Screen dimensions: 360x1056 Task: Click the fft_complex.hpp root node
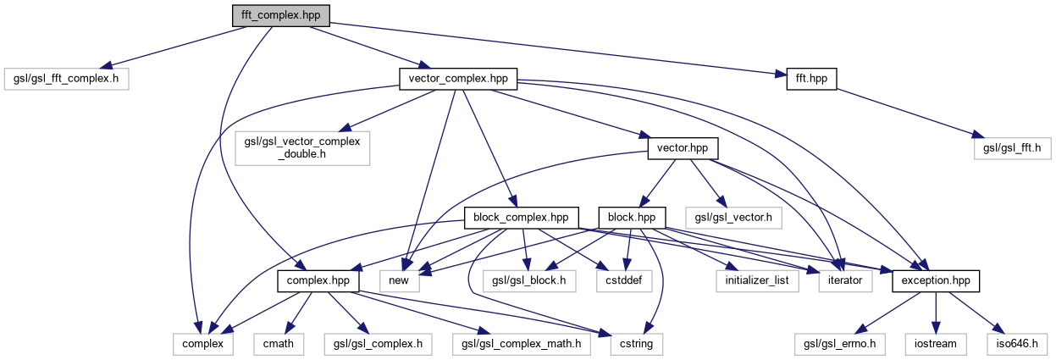(x=280, y=15)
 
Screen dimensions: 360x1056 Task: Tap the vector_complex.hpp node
(x=457, y=78)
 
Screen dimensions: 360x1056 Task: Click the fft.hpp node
(x=811, y=78)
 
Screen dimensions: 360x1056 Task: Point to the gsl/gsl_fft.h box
(x=1012, y=148)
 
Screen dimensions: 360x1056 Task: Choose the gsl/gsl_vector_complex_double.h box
(x=302, y=148)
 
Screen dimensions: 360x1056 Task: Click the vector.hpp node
(x=683, y=148)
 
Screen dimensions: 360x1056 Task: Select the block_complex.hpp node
(x=522, y=217)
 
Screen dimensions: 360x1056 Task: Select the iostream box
(x=936, y=344)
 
